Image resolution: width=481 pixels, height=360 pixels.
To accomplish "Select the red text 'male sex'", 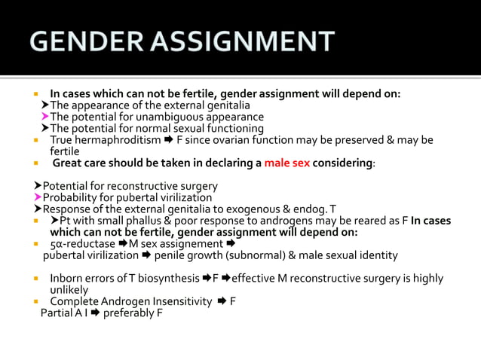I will click(286, 163).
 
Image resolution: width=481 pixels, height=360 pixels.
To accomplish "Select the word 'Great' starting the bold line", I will click(67, 163).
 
